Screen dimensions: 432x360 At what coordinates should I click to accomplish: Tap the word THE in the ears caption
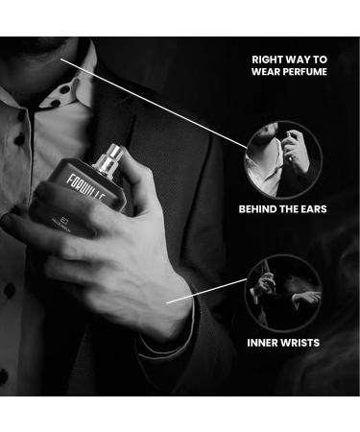296,208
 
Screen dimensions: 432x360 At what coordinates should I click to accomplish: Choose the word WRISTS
307,343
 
